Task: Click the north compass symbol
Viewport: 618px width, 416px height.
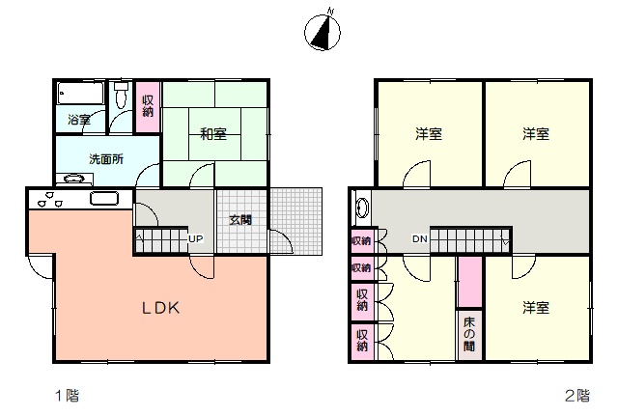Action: pos(323,32)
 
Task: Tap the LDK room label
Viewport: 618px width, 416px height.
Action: pos(161,308)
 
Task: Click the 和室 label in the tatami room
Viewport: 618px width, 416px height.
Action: pos(213,134)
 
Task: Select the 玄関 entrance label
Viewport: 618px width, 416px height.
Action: pos(240,220)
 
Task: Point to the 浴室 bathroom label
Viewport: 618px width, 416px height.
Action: pos(79,120)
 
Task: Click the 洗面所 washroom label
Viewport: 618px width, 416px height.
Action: pos(106,159)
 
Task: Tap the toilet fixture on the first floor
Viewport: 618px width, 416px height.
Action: pos(121,95)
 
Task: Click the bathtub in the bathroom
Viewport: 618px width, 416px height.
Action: pos(80,93)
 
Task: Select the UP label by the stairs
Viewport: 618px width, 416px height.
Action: pos(196,238)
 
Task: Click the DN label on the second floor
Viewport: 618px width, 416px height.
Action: pos(420,238)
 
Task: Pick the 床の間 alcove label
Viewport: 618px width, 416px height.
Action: pos(469,334)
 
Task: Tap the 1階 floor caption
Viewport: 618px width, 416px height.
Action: pos(68,395)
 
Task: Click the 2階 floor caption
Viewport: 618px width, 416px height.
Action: pos(577,395)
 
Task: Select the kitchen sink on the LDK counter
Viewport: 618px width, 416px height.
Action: pos(104,198)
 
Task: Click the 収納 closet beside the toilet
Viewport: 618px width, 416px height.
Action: pos(148,106)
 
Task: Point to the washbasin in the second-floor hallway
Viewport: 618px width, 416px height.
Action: pos(362,208)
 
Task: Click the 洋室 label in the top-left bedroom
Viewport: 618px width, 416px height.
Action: pos(429,134)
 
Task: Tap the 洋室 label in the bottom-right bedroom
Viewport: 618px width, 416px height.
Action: pos(536,308)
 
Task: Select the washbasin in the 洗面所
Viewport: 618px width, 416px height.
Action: pos(74,179)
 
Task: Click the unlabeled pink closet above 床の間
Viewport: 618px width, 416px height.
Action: pos(470,282)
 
